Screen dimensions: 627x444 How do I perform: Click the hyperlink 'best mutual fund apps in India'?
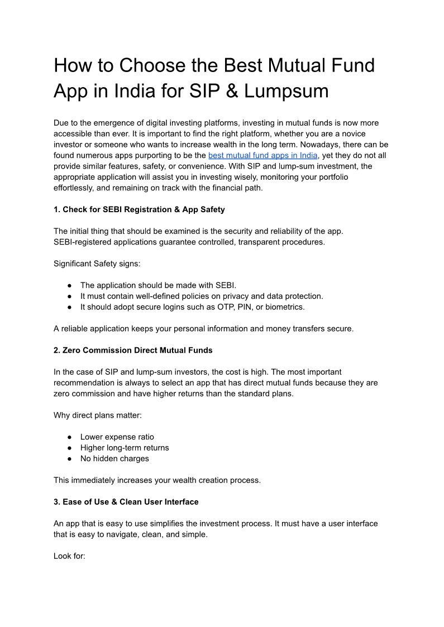[x=262, y=155]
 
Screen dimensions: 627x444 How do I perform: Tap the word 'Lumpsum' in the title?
[x=291, y=91]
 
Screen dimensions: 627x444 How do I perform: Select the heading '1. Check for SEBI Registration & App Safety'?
[x=139, y=209]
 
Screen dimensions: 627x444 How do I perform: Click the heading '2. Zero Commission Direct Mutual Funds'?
[x=133, y=350]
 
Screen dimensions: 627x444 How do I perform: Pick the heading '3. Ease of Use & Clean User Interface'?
[x=126, y=502]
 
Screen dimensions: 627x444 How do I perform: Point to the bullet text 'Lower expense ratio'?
[x=117, y=437]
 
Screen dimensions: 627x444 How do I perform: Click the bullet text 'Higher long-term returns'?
[x=125, y=447]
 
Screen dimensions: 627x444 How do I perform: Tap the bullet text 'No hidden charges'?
[x=114, y=458]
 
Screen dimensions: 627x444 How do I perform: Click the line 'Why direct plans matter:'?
[x=98, y=415]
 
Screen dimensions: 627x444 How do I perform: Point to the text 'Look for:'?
[x=69, y=556]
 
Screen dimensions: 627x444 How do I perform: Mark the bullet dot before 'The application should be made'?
[x=70, y=285]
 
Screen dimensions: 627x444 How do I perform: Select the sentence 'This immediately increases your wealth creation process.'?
[x=157, y=480]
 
